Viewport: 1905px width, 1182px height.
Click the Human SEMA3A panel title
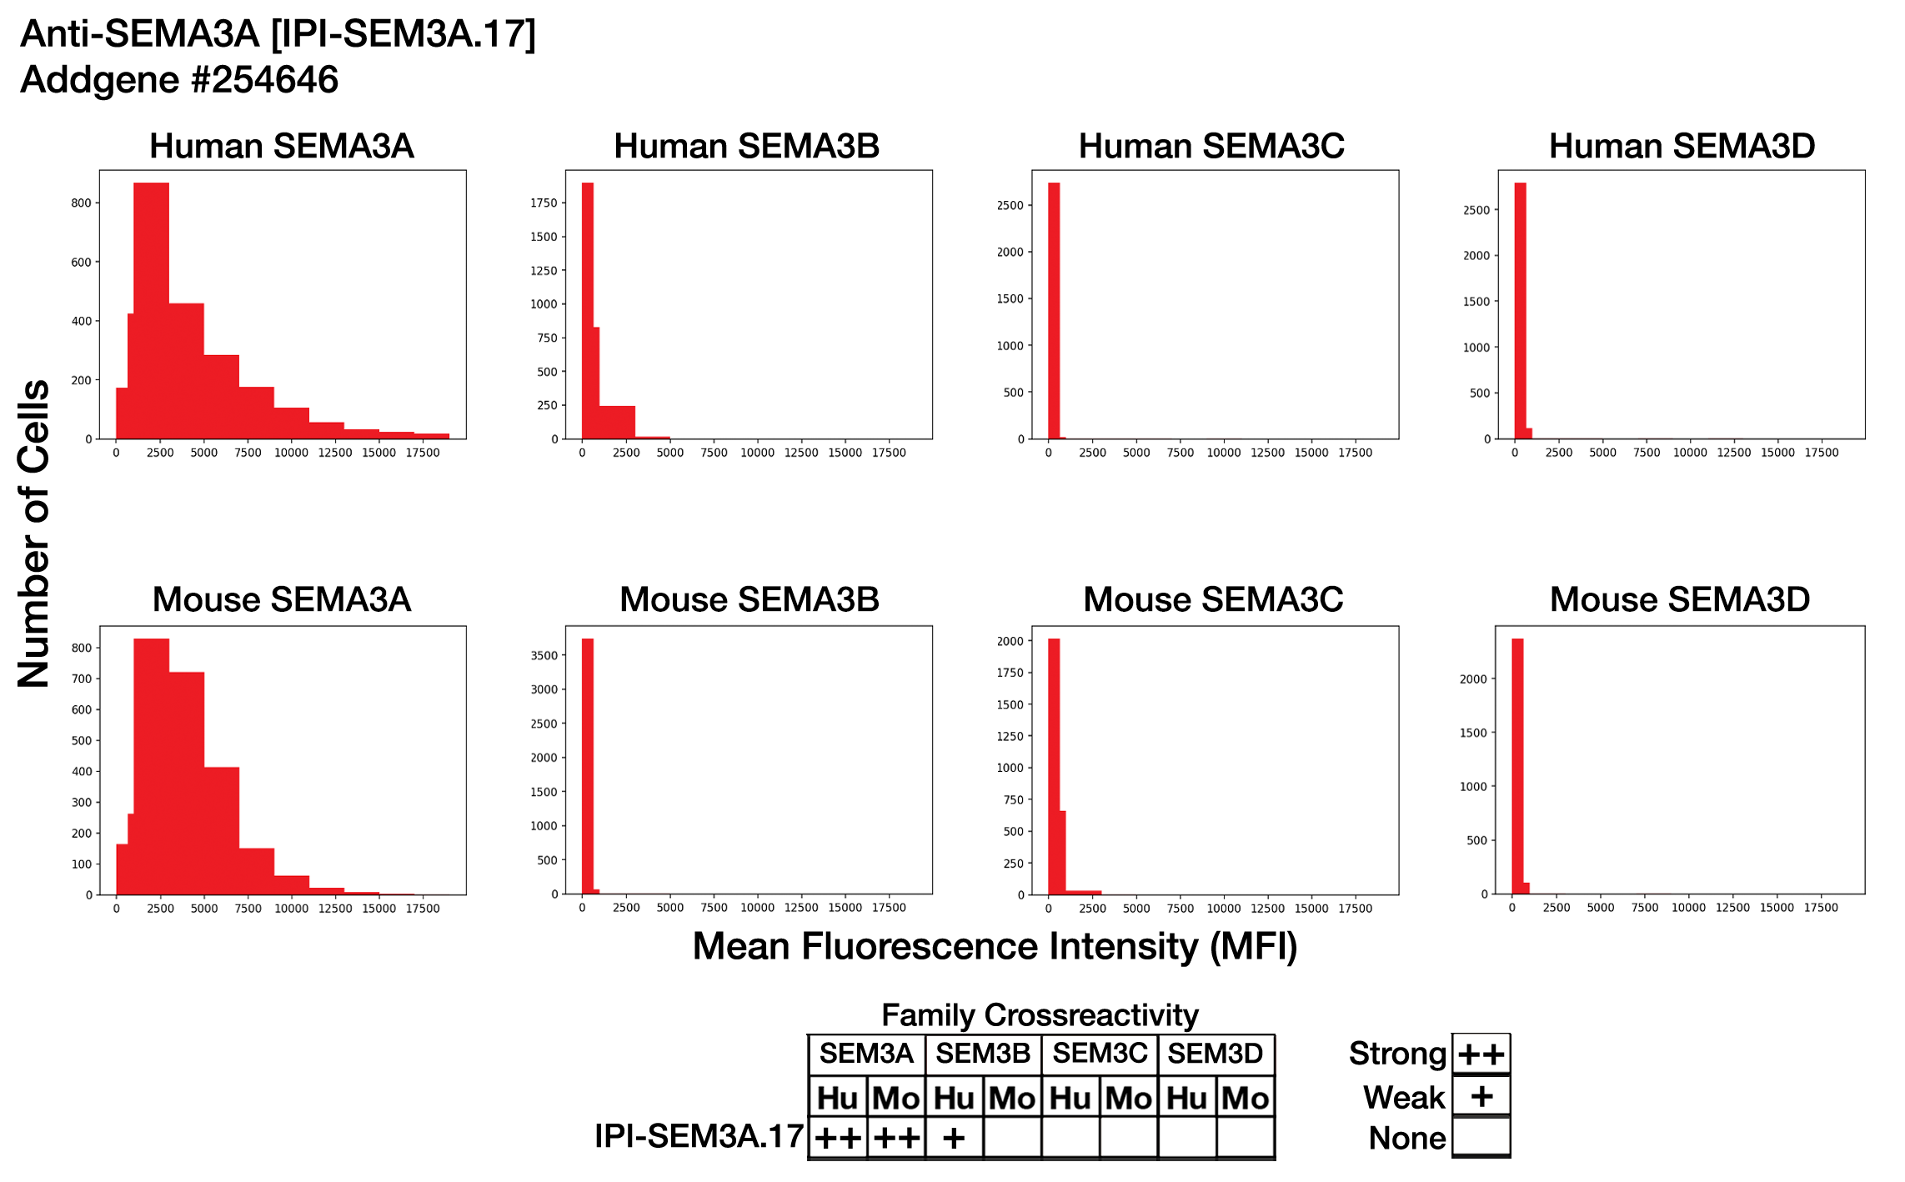[x=281, y=146]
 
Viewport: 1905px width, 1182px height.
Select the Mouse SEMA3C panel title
[x=1213, y=599]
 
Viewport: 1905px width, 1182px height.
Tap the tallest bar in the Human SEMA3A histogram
[x=151, y=310]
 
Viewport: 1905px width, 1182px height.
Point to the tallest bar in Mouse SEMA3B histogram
[x=587, y=766]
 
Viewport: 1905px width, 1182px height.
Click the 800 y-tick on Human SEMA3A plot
[x=81, y=203]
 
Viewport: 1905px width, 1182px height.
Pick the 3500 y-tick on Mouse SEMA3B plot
[x=544, y=655]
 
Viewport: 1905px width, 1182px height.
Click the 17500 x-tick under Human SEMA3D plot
[x=1821, y=453]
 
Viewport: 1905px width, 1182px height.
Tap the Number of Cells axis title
[x=34, y=534]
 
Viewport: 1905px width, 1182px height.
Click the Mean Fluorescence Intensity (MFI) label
[x=995, y=947]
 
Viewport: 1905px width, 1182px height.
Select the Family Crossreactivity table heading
[x=1040, y=1014]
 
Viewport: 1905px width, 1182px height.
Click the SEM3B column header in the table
[x=983, y=1054]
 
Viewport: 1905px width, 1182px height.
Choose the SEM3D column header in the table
[x=1216, y=1054]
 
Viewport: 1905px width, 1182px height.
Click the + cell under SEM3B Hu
[x=954, y=1138]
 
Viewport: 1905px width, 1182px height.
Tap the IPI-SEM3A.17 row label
[x=699, y=1136]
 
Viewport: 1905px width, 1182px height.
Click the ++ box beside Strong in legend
[x=1481, y=1054]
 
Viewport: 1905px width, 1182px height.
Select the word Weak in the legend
[x=1404, y=1097]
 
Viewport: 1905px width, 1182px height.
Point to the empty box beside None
[x=1481, y=1137]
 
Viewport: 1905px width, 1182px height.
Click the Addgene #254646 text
[x=179, y=80]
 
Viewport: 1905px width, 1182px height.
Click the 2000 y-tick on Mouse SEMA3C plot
[x=1010, y=641]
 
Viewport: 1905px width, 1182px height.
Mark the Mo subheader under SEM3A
[x=895, y=1098]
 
